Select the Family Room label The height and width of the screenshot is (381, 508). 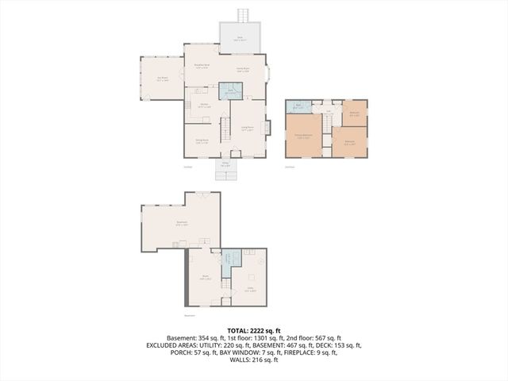pyautogui.click(x=243, y=71)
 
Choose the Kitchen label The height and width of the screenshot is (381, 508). pyautogui.click(x=204, y=106)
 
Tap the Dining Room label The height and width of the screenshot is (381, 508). pyautogui.click(x=202, y=142)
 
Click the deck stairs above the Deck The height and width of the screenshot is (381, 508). pyautogui.click(x=243, y=16)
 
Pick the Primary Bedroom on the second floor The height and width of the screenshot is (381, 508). pyautogui.click(x=303, y=137)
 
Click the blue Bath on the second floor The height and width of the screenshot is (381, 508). pyautogui.click(x=298, y=106)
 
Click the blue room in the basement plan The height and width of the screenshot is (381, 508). pyautogui.click(x=230, y=259)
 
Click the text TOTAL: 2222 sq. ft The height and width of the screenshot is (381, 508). pyautogui.click(x=253, y=329)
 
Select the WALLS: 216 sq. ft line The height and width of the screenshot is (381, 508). pyautogui.click(x=253, y=360)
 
